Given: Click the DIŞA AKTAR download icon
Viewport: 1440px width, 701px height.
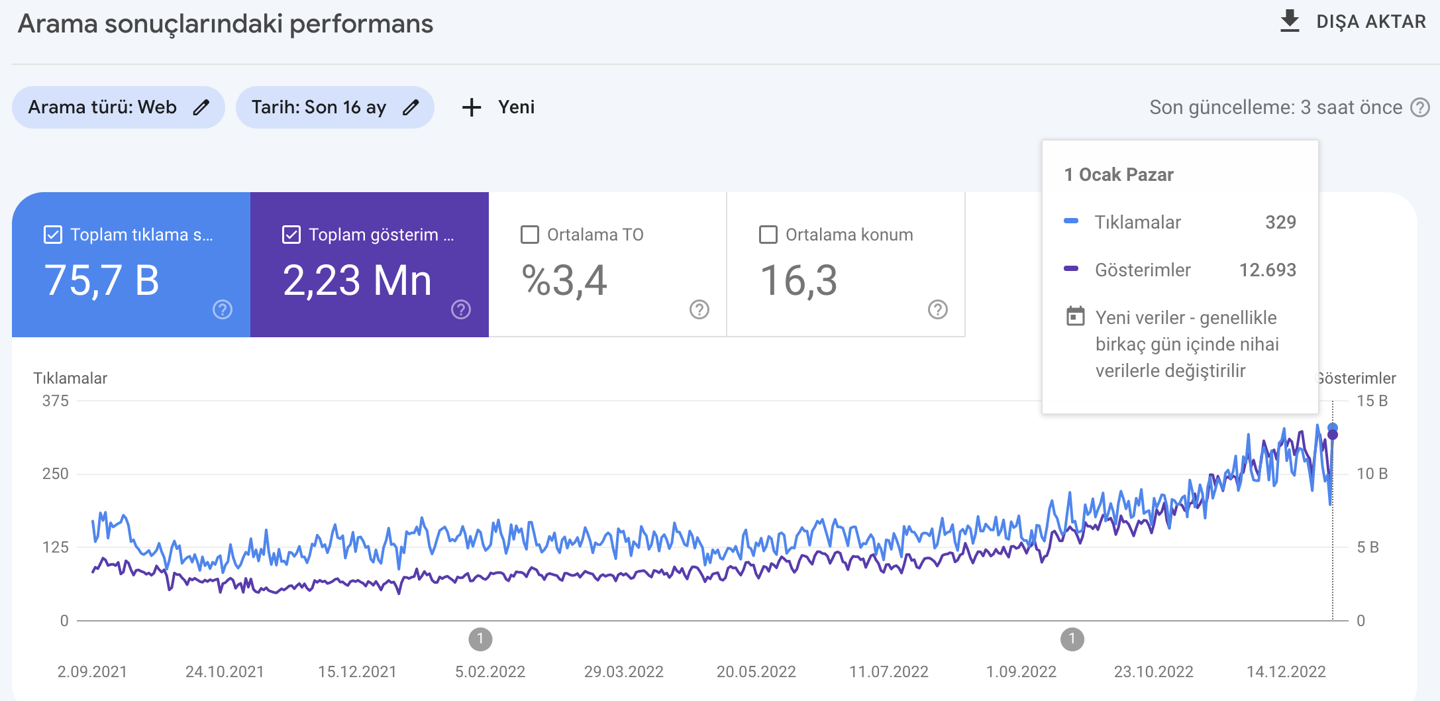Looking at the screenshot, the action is tap(1289, 21).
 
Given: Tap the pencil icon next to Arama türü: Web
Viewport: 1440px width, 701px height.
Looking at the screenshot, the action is tap(201, 107).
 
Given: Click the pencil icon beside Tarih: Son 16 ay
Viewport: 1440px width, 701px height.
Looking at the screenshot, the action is tap(411, 107).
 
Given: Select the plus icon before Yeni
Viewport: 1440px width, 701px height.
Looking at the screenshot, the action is tap(472, 107).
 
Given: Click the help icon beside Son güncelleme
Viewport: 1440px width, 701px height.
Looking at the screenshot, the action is tap(1420, 107).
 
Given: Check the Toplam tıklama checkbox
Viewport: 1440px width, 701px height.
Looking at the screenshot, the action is tap(53, 235).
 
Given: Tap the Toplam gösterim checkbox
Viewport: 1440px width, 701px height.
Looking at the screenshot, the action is tap(291, 235).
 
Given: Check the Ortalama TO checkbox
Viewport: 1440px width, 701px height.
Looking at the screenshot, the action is tap(530, 235).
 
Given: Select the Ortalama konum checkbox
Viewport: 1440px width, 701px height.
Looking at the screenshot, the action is tap(768, 235).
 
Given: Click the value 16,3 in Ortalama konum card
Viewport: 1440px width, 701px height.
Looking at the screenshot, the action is tap(799, 280).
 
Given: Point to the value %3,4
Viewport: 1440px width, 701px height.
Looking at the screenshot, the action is tap(564, 280).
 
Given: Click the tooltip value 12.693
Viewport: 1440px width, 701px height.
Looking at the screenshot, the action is tap(1268, 270).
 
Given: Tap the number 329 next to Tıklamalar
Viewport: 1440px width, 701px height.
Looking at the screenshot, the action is tap(1280, 222).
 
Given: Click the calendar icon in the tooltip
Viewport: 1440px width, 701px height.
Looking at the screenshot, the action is tap(1076, 316).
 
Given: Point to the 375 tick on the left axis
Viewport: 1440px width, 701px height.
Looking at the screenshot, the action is tap(56, 401).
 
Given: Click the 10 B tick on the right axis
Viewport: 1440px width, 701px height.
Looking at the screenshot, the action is tap(1372, 474).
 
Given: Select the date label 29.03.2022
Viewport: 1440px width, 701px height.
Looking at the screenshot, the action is tap(624, 672).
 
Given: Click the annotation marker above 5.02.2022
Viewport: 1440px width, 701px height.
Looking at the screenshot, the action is tap(480, 639).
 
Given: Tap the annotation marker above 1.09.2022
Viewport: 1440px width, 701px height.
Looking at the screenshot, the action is tap(1072, 639).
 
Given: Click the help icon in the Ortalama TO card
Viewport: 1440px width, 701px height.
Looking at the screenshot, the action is tap(699, 309).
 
